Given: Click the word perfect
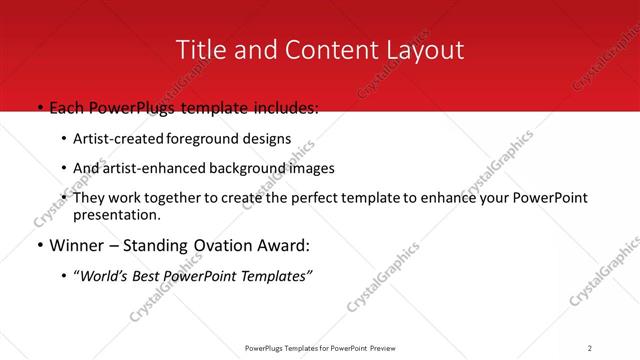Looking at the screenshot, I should (x=302, y=198).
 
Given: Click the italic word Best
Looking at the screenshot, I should (x=149, y=276).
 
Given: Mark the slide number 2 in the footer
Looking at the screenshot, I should (x=589, y=348).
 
